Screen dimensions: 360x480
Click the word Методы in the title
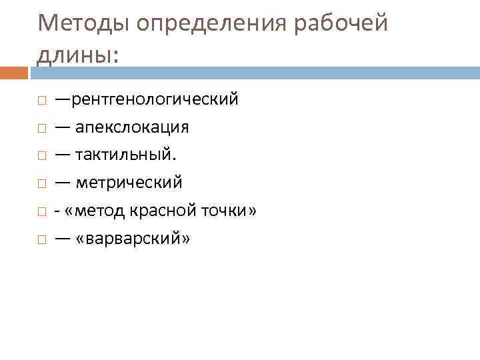tap(83, 24)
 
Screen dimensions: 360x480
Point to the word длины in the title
tap(75, 54)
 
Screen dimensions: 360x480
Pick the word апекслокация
tap(131, 127)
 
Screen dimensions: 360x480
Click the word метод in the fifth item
tap(103, 211)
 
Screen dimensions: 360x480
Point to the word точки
tap(225, 211)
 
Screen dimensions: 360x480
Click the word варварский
tap(134, 238)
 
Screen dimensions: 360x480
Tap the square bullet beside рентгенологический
tap(41, 101)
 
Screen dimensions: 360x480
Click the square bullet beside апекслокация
tap(41, 128)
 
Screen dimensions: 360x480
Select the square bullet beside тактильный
tap(41, 155)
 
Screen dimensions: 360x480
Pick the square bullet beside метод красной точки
tap(41, 211)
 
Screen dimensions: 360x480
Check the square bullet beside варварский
tap(41, 239)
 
